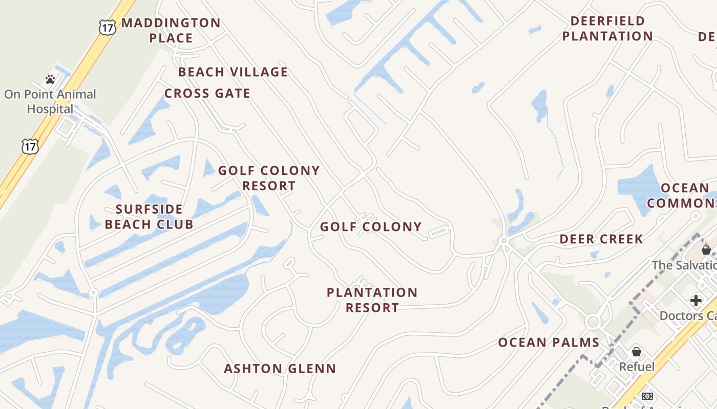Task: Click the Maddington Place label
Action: pyautogui.click(x=171, y=30)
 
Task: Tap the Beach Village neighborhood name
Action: pyautogui.click(x=233, y=72)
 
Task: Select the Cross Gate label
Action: pyautogui.click(x=207, y=94)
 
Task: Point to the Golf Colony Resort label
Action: pyautogui.click(x=269, y=178)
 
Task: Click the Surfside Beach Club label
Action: pyautogui.click(x=149, y=217)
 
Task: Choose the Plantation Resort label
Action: pyautogui.click(x=372, y=300)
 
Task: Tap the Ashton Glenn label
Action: pyautogui.click(x=280, y=369)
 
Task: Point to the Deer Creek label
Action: pyautogui.click(x=601, y=239)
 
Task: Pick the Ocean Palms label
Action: pyautogui.click(x=549, y=343)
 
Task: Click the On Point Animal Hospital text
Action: pyautogui.click(x=50, y=101)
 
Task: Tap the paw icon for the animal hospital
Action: pyautogui.click(x=50, y=79)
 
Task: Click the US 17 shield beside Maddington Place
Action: pyautogui.click(x=107, y=27)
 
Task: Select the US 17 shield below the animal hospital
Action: pyautogui.click(x=30, y=147)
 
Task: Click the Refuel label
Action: pyautogui.click(x=637, y=367)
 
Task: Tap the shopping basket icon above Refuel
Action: pyautogui.click(x=637, y=352)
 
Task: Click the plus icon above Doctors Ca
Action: pyautogui.click(x=695, y=300)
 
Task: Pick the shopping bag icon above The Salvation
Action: pyautogui.click(x=706, y=250)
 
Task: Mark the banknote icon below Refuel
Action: pyautogui.click(x=647, y=396)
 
